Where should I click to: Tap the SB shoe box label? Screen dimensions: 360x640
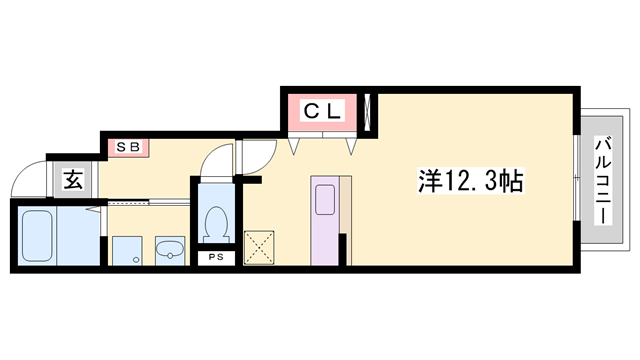pyautogui.click(x=129, y=148)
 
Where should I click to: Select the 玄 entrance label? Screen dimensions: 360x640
pyautogui.click(x=74, y=180)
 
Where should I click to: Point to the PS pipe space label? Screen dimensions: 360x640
pyautogui.click(x=216, y=258)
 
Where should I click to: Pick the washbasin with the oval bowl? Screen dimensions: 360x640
pyautogui.click(x=171, y=250)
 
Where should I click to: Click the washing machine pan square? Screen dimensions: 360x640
pyautogui.click(x=126, y=250)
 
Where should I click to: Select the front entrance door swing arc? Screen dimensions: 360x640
pyautogui.click(x=28, y=179)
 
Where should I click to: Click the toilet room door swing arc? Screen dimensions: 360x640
pyautogui.click(x=214, y=162)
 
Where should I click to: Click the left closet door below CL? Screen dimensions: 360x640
pyautogui.click(x=296, y=144)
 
